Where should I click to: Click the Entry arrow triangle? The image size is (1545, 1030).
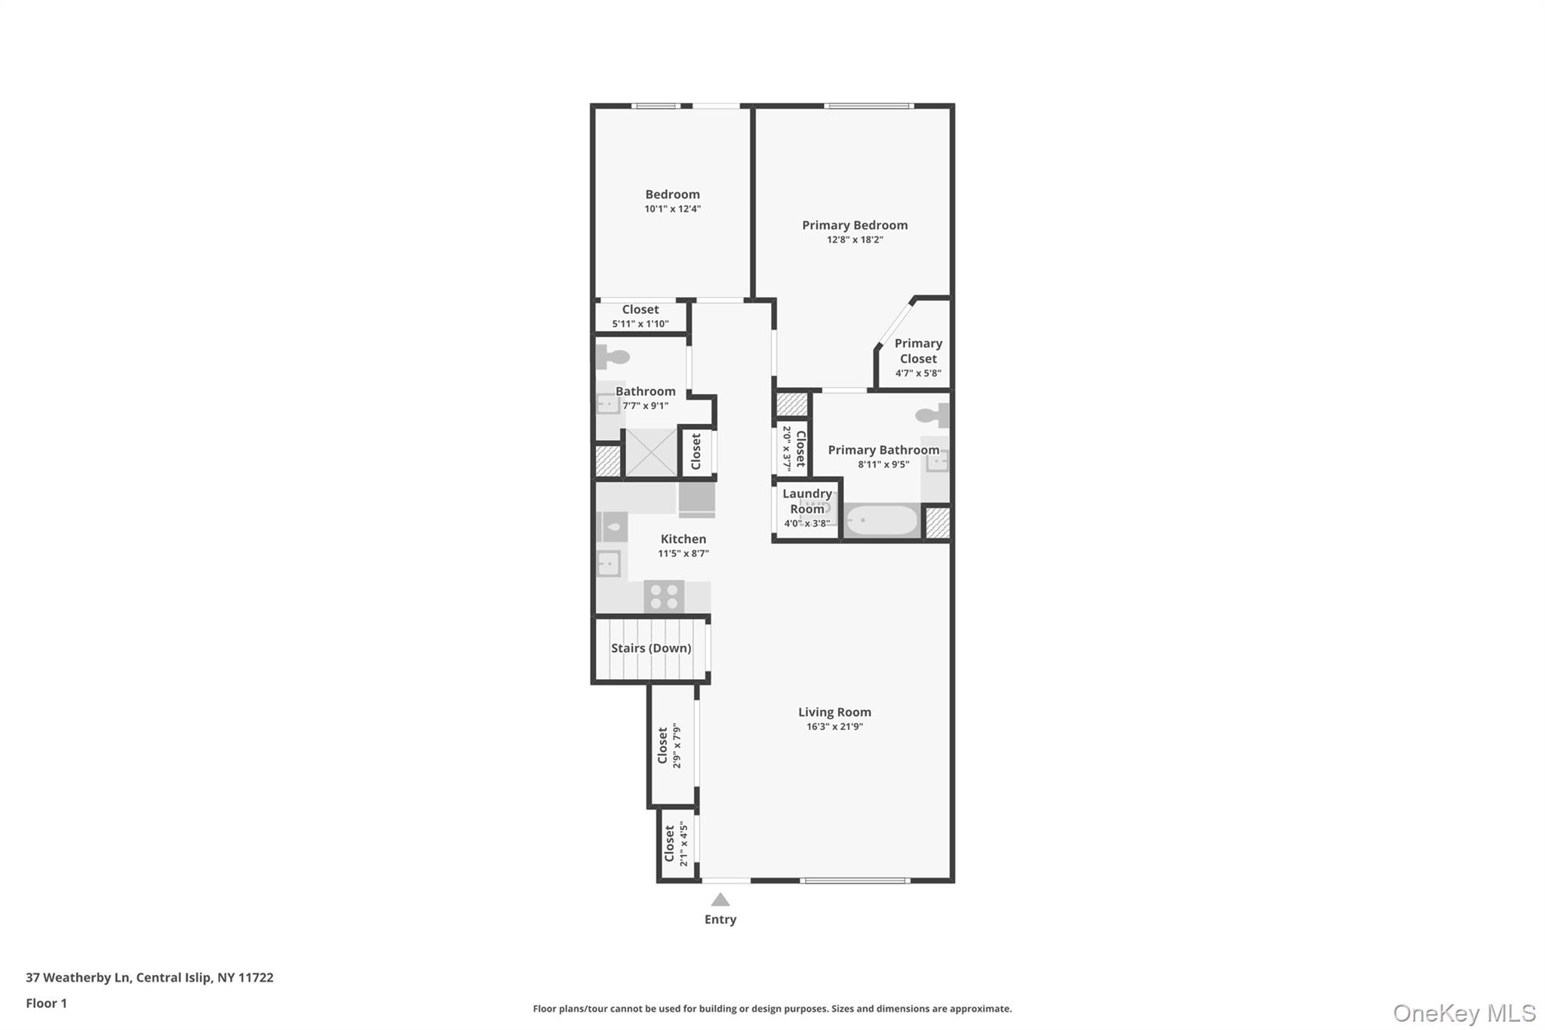(x=720, y=899)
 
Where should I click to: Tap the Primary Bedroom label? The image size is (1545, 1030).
(x=854, y=225)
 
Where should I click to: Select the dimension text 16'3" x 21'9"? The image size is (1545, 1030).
(x=834, y=727)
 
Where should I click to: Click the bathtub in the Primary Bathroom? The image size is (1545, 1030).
(x=881, y=521)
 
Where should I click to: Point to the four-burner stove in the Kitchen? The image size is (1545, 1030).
(x=664, y=596)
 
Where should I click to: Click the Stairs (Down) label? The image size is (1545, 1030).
(x=650, y=648)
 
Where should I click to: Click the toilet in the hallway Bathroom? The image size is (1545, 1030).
(x=613, y=356)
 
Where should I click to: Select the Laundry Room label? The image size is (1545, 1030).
(x=806, y=501)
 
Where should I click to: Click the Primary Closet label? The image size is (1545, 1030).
(x=918, y=351)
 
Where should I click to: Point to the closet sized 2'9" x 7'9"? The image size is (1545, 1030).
(x=668, y=746)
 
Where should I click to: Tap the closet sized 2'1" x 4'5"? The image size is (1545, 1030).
(x=675, y=844)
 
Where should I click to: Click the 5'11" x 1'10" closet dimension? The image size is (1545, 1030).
(x=640, y=324)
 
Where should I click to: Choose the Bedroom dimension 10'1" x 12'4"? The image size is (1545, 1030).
(x=672, y=209)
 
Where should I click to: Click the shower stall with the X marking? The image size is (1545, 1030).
(x=651, y=452)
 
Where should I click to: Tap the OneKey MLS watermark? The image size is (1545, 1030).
(x=1464, y=1013)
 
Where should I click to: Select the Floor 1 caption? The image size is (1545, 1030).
(x=46, y=1003)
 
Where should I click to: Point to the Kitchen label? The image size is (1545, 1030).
(x=683, y=539)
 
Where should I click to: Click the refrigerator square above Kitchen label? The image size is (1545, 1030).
(x=696, y=500)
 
